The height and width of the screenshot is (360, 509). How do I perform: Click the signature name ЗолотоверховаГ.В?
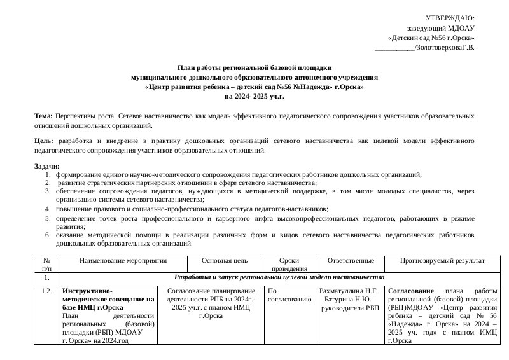tap(445, 46)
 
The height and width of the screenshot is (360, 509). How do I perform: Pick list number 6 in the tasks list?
tap(48, 235)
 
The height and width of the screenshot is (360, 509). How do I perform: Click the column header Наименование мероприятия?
tap(123, 261)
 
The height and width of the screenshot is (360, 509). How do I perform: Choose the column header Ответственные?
tap(350, 261)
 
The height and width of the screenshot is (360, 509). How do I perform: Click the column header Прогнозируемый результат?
tap(442, 261)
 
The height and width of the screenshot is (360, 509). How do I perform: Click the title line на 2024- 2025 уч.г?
tap(254, 96)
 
